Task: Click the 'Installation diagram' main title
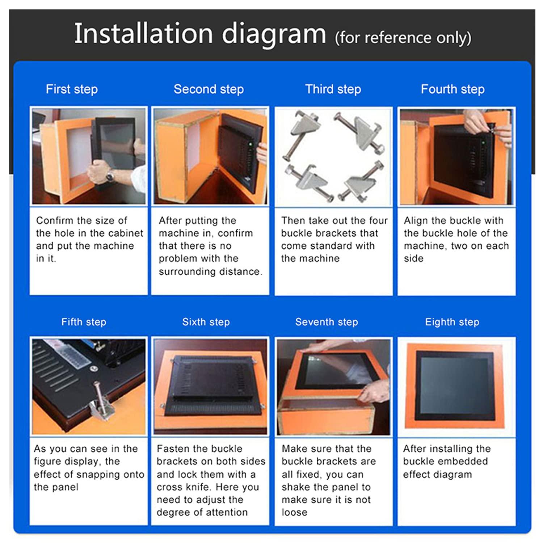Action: point(200,34)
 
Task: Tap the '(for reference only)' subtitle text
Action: point(403,38)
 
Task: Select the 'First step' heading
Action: point(72,89)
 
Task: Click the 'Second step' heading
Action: point(209,89)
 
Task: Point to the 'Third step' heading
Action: point(333,89)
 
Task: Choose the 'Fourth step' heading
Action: point(452,89)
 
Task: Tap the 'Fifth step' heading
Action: point(84,322)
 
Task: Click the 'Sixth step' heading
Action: point(206,322)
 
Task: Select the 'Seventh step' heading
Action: point(327,322)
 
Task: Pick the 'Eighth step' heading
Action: point(452,322)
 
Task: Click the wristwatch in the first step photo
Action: point(110,176)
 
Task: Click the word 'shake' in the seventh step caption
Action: point(296,487)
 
